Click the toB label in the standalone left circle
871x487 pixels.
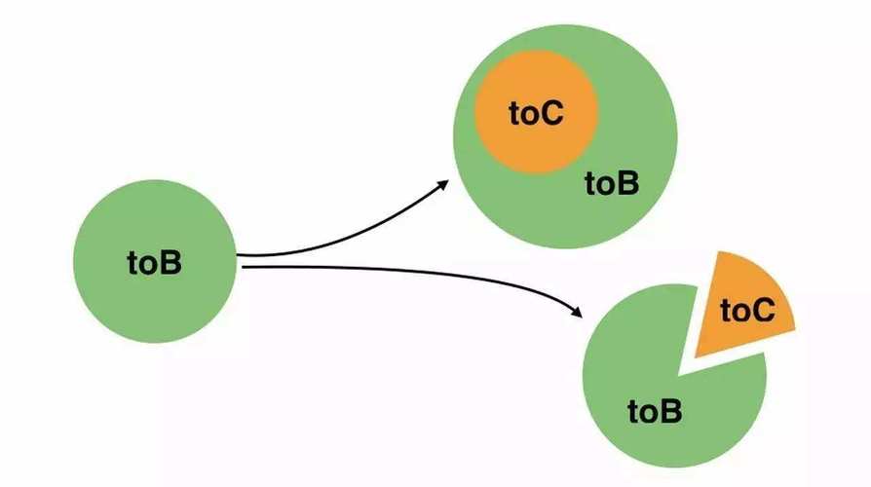coord(154,263)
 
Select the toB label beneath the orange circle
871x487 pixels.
coord(612,182)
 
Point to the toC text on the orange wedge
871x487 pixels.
coord(747,311)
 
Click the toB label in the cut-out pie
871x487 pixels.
coord(655,411)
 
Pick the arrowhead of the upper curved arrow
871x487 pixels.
coord(444,183)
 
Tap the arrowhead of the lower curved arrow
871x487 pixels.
coord(578,313)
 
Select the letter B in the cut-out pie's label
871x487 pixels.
coord(671,411)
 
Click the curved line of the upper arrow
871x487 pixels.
coord(351,239)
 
